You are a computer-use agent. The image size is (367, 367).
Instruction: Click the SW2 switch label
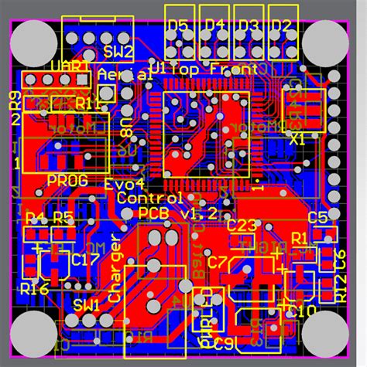[118, 53]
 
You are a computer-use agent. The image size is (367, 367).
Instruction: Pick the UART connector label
[70, 68]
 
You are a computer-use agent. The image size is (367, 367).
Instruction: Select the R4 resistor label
[35, 217]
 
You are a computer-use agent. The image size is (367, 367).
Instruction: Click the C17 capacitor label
[85, 260]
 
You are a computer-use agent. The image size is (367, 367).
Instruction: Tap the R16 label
[35, 288]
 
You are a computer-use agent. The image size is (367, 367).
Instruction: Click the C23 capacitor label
[242, 226]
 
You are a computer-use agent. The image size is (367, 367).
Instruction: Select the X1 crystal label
[297, 141]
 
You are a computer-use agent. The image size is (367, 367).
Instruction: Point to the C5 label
[318, 217]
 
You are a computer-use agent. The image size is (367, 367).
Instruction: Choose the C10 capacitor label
[301, 310]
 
